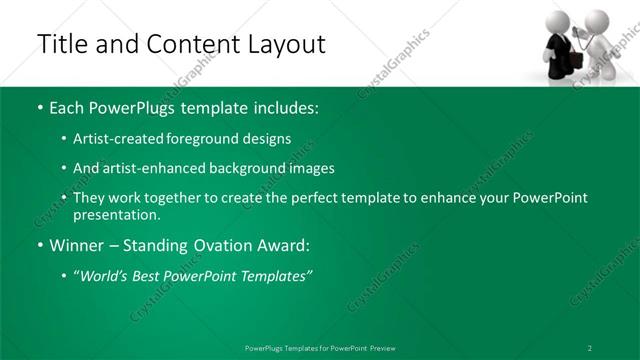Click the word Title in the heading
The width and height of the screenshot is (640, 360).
60,44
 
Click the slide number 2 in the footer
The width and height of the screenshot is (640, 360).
590,347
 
